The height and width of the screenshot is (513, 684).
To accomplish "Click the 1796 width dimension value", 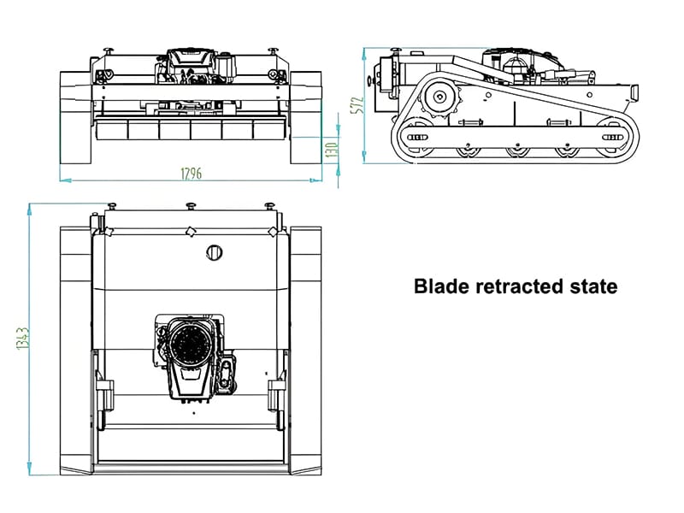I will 191,174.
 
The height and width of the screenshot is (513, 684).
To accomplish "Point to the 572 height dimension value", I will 359,103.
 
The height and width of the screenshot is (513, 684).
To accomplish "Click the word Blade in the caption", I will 439,286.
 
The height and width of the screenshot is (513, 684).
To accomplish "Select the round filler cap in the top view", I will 215,252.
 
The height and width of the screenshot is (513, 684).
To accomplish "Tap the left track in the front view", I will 75,117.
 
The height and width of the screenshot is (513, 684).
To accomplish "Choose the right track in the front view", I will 306,117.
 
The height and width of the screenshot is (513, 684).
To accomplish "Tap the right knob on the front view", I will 274,50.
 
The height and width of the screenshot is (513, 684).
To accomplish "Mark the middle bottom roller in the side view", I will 516,151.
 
